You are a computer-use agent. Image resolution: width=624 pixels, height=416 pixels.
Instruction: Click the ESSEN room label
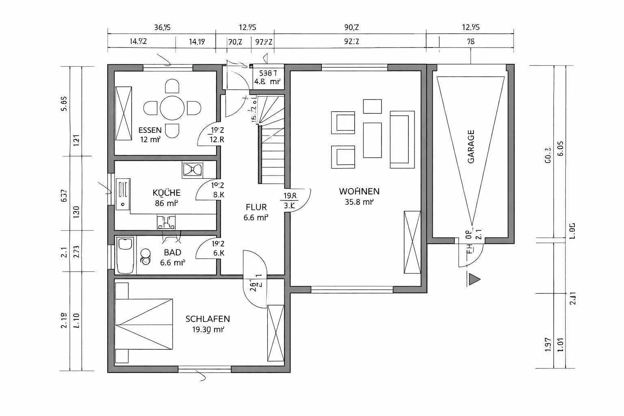(150, 130)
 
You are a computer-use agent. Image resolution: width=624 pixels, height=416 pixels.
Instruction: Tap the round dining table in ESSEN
(172, 108)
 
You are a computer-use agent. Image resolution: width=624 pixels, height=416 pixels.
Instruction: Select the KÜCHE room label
(166, 193)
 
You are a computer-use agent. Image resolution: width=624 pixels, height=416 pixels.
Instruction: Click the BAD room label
(172, 253)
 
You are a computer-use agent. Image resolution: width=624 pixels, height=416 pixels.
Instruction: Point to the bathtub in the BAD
(125, 256)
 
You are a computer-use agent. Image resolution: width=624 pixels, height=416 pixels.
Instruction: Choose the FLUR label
(256, 207)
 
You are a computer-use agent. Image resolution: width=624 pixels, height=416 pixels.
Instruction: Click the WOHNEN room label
(359, 191)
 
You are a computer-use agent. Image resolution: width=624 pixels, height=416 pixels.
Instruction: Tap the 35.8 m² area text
(359, 202)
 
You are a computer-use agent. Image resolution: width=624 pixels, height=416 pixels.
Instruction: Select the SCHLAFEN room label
(208, 319)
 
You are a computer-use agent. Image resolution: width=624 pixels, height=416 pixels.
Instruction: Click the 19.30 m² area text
(208, 330)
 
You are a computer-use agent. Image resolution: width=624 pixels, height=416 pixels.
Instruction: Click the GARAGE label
(471, 146)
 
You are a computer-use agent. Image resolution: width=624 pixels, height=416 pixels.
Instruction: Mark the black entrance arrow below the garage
(474, 279)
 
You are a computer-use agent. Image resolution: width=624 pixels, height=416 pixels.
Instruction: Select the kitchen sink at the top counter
(192, 169)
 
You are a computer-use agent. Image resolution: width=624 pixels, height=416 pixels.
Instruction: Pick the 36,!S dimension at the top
(162, 28)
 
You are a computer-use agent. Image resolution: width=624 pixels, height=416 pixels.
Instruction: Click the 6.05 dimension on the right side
(561, 148)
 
